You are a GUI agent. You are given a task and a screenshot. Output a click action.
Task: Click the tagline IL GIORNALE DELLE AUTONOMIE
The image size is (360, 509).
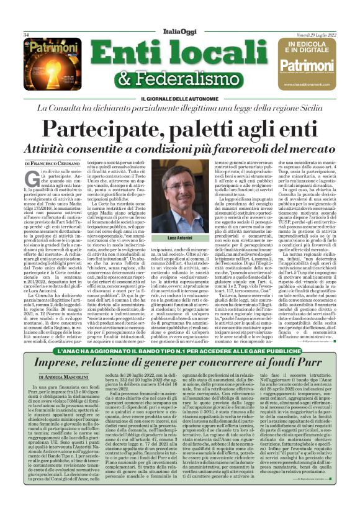click(x=180, y=94)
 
